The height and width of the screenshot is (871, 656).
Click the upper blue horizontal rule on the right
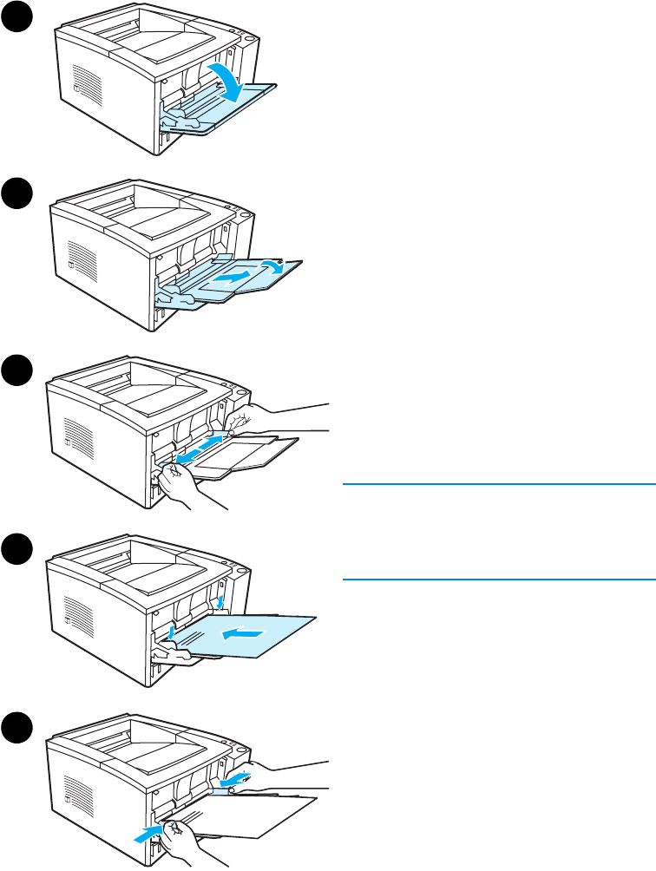tap(498, 483)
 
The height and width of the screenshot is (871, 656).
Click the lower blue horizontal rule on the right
tap(498, 579)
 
